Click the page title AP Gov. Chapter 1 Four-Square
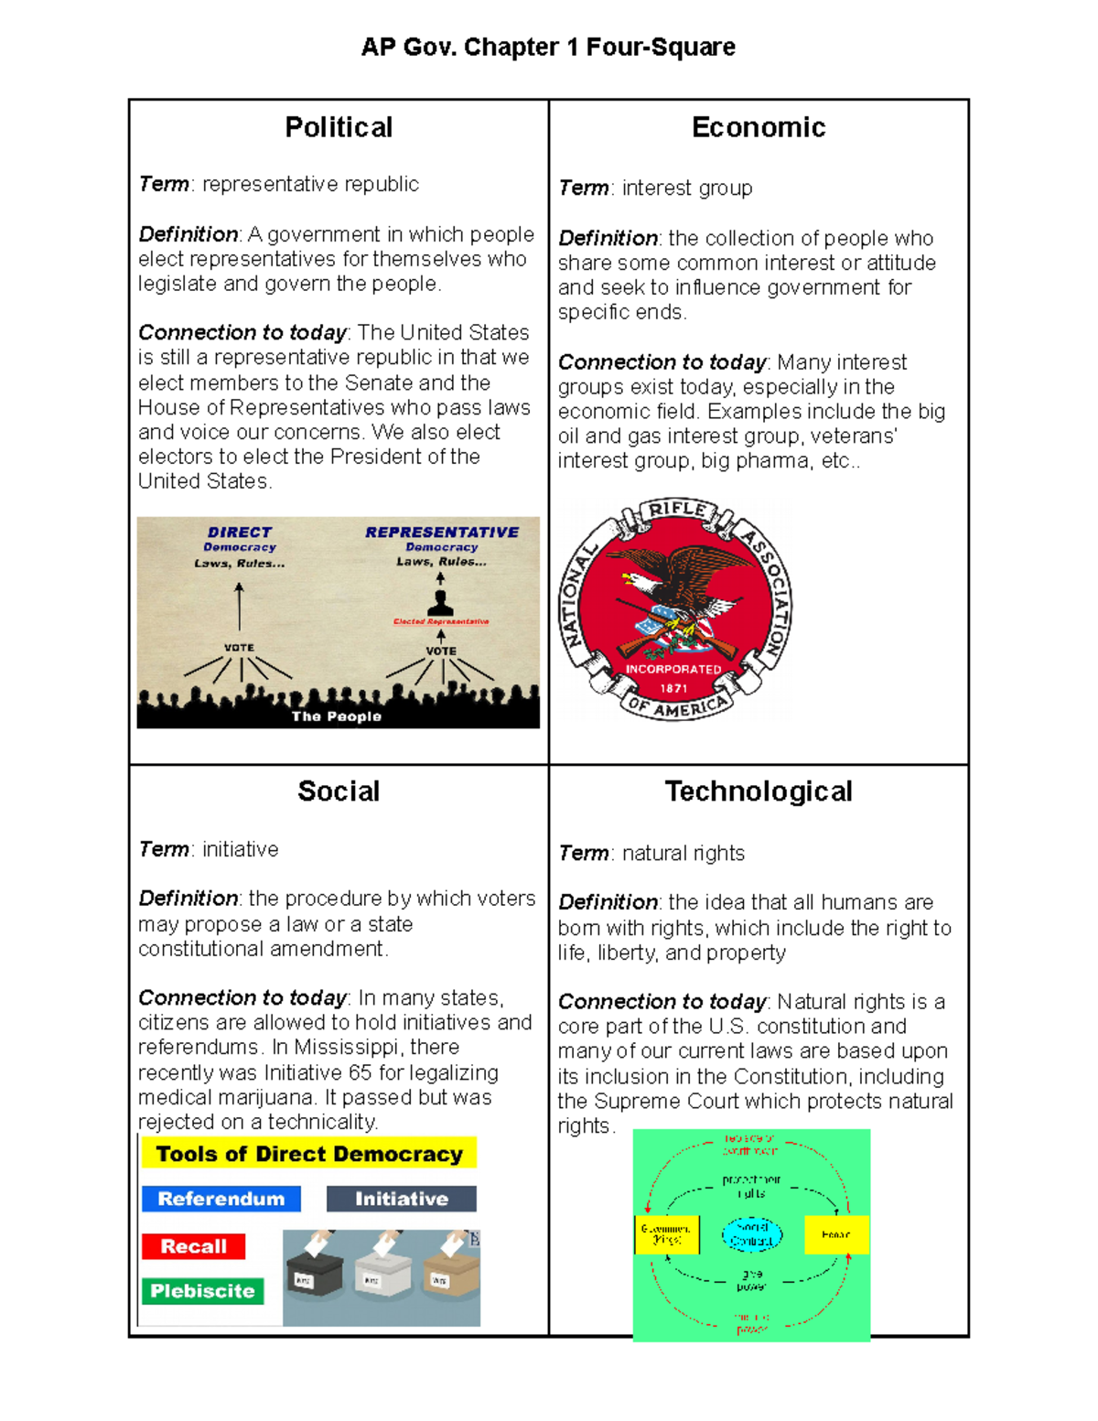click(x=548, y=48)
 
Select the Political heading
click(x=339, y=127)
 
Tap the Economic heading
click(x=759, y=127)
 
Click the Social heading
click(x=339, y=791)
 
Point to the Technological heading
click(x=759, y=791)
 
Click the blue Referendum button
click(x=221, y=1199)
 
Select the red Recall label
click(x=193, y=1246)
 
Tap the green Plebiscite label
click(x=202, y=1291)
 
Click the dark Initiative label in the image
click(x=402, y=1199)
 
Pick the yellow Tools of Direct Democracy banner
click(x=309, y=1154)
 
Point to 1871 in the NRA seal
click(x=674, y=688)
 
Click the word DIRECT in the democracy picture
click(x=240, y=533)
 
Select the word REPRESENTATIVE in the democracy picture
click(x=442, y=533)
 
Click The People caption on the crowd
click(x=337, y=716)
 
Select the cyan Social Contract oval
click(x=752, y=1234)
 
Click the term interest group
click(x=687, y=188)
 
